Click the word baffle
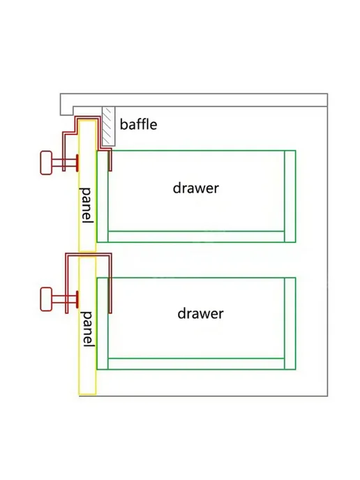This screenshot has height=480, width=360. click(138, 124)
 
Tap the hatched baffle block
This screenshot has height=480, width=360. click(109, 126)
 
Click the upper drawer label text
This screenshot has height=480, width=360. click(196, 188)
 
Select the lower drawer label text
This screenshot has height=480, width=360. click(200, 314)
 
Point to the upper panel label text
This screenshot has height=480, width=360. click(87, 205)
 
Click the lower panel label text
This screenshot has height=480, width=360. click(87, 329)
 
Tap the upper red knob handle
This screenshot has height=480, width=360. click(46, 163)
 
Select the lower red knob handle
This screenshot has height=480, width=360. click(46, 299)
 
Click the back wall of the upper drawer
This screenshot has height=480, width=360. click(290, 196)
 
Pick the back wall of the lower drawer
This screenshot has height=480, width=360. click(290, 323)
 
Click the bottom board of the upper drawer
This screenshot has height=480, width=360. click(196, 237)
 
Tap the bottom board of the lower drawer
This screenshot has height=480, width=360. click(196, 363)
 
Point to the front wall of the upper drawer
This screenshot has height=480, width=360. click(103, 196)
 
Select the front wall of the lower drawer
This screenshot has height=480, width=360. click(103, 323)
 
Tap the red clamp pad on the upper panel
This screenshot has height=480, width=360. click(77, 163)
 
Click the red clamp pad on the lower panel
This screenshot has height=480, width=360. click(77, 299)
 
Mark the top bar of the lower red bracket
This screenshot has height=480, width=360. click(89, 255)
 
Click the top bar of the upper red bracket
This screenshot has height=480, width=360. click(89, 118)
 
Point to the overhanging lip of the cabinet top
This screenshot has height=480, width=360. click(67, 110)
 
